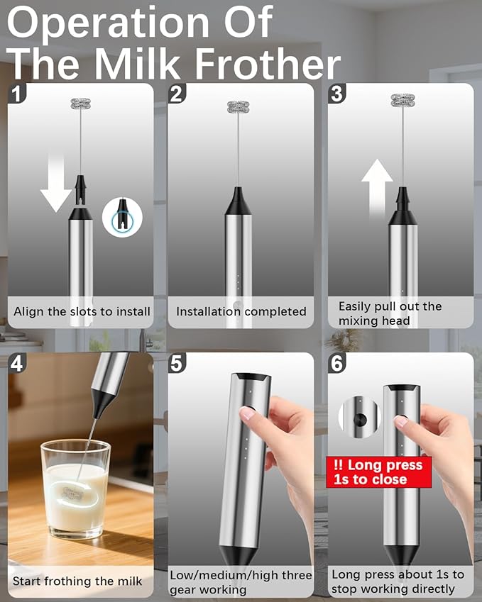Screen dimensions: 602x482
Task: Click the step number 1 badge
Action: [x=17, y=93]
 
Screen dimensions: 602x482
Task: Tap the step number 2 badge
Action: [x=177, y=93]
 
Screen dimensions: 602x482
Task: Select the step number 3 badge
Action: [x=336, y=93]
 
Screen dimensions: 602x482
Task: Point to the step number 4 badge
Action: [x=17, y=363]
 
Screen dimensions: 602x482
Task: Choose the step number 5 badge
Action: [x=177, y=363]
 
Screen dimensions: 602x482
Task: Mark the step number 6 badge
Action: [x=336, y=363]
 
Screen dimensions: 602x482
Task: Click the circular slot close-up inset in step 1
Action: [x=122, y=216]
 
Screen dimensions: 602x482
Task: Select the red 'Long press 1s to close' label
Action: [x=378, y=472]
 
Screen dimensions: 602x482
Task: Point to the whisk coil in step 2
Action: [x=238, y=108]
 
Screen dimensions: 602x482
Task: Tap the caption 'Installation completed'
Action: [x=241, y=311]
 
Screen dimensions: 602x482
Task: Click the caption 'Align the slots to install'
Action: [x=82, y=311]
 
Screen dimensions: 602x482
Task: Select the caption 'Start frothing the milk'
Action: [x=77, y=581]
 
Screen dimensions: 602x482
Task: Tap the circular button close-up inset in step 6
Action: [x=360, y=417]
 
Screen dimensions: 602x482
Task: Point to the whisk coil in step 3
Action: [x=402, y=100]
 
